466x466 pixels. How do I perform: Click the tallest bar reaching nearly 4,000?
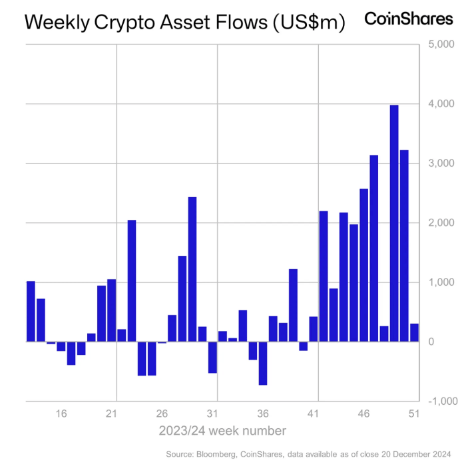click(394, 223)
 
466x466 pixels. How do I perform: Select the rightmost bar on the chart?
click(414, 332)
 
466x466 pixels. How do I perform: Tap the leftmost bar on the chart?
click(31, 311)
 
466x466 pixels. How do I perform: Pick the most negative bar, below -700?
click(263, 363)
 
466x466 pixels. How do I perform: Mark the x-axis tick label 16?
click(61, 413)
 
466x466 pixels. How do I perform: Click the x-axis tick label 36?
click(263, 413)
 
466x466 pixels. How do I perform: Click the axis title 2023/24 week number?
click(222, 431)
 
